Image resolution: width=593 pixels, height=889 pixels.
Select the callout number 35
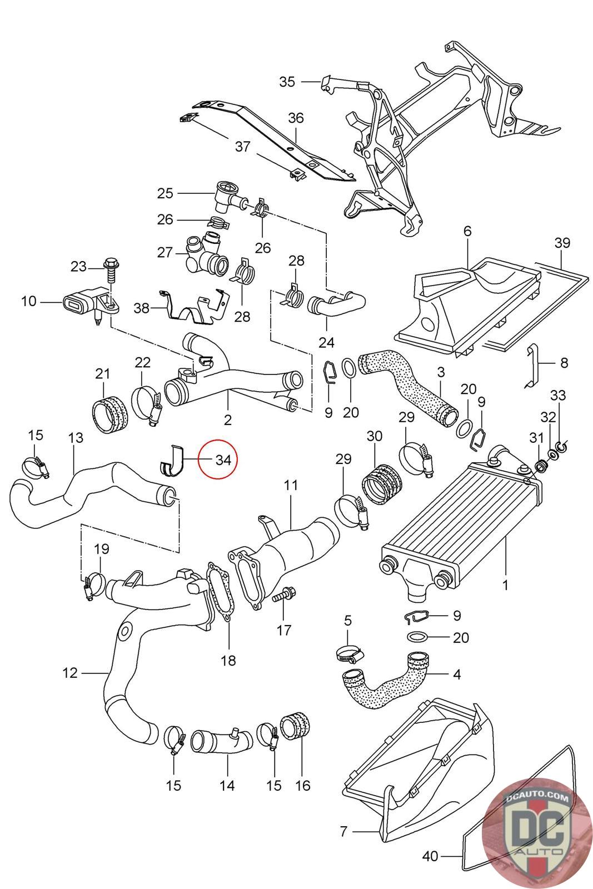click(287, 82)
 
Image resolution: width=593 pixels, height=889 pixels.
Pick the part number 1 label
click(505, 585)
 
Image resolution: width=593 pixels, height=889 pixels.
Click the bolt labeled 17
click(283, 595)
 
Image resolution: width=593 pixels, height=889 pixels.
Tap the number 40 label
click(430, 867)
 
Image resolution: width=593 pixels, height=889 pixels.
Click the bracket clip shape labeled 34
click(173, 461)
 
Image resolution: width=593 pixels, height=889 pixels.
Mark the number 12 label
click(70, 673)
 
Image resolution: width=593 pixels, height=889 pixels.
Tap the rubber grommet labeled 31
click(540, 465)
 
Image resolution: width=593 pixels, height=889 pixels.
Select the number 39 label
click(562, 242)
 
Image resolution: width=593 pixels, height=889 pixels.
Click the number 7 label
click(343, 831)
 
